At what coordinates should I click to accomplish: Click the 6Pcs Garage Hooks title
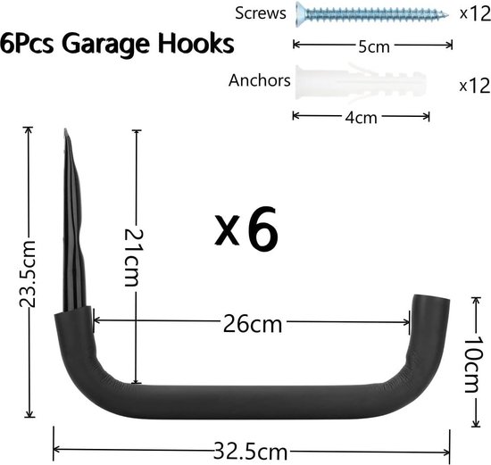pos(118,45)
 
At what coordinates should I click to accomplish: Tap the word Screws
pos(260,12)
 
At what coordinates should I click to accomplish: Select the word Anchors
pos(260,80)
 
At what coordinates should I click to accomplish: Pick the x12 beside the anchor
pos(472,86)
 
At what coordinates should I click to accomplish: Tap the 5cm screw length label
pos(366,45)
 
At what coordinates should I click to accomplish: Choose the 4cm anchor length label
pos(361,116)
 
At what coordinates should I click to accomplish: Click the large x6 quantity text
pos(248,229)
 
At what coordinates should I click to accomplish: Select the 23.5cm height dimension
pos(29,272)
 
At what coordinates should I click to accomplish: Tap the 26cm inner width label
pos(252,322)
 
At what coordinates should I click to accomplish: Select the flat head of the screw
pos(299,14)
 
